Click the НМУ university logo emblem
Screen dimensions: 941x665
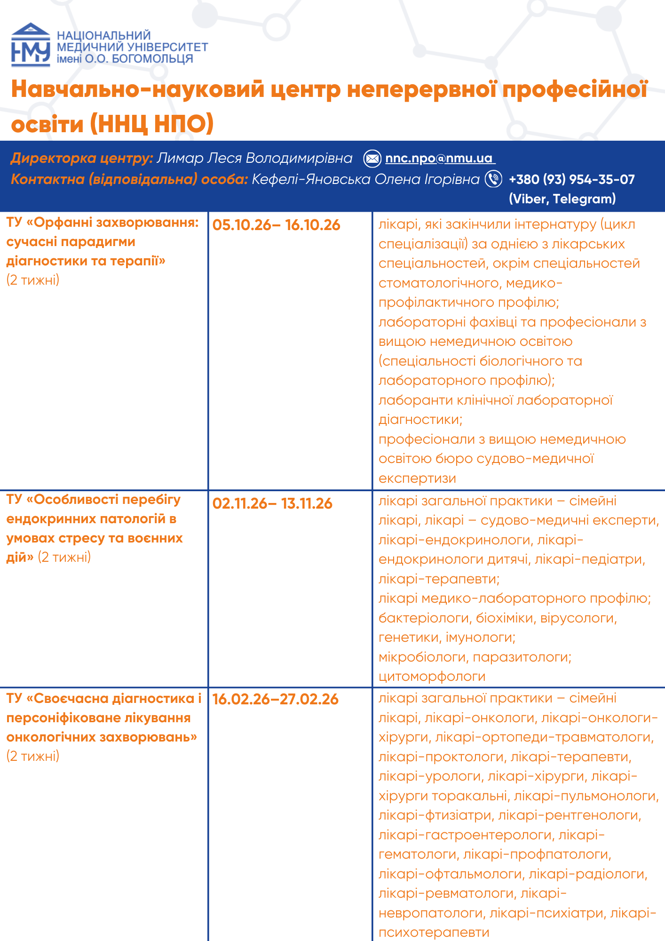pos(31,45)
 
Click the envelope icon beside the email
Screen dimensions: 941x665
pos(372,159)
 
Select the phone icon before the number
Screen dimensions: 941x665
pos(493,179)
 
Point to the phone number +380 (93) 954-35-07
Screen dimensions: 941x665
pos(571,179)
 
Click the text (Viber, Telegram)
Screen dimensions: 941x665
pos(562,199)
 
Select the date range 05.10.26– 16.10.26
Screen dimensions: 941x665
pos(276,225)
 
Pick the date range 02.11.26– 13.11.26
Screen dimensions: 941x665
pos(272,503)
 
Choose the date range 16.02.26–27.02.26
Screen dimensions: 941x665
pos(275,699)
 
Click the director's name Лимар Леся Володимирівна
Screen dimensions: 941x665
pos(254,159)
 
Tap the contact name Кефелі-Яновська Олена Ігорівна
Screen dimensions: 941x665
pos(365,179)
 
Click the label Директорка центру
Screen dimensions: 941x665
pos(81,159)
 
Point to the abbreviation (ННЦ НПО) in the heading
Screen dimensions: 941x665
pos(152,124)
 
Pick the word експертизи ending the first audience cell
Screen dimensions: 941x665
pos(417,478)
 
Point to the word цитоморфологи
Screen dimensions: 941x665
pos(432,677)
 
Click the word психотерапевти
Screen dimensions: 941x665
pos(434,933)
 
